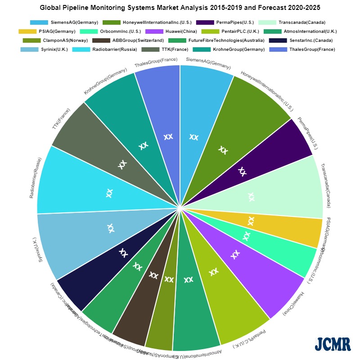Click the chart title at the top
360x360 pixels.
[x=180, y=8]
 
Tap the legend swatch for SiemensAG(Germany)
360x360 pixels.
[x=39, y=22]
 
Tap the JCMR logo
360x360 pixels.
[x=333, y=343]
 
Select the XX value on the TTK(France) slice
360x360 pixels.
[x=122, y=164]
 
